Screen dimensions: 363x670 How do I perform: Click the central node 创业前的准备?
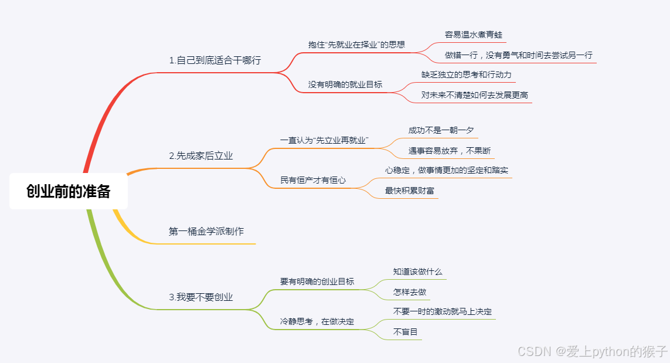click(69, 191)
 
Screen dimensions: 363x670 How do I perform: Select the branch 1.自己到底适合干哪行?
click(215, 60)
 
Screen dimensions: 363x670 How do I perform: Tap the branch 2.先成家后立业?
click(200, 156)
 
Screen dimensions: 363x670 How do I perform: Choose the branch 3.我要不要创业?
click(200, 297)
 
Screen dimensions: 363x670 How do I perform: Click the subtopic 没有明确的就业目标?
click(345, 84)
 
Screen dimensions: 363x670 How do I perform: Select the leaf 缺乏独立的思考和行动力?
click(466, 74)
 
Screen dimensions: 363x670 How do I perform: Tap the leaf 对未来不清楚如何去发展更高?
click(474, 95)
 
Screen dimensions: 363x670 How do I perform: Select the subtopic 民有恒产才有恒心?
click(312, 180)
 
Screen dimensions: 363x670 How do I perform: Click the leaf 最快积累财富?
click(409, 191)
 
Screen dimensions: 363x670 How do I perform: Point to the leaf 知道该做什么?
click(417, 272)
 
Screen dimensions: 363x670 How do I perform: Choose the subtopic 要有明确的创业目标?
click(317, 281)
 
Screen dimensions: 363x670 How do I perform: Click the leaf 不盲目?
click(405, 332)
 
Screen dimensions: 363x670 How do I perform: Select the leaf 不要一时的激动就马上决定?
click(442, 311)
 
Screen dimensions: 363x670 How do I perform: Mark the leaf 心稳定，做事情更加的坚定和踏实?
click(446, 170)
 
